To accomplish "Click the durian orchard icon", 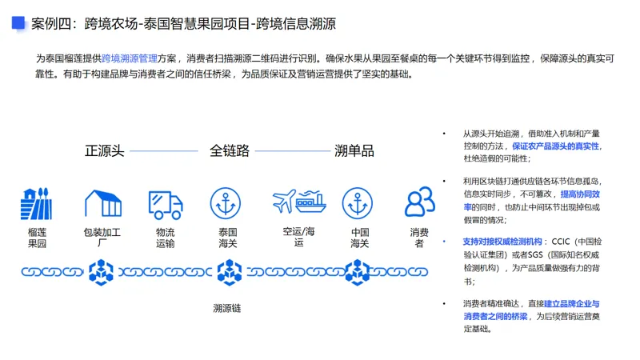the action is coord(36,204).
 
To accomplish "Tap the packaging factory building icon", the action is coord(102,204).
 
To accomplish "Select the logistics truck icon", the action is coord(165,204).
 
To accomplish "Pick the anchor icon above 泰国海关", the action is coord(227,204).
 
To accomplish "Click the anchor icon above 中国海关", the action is coord(359,204).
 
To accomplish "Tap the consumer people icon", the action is coord(419,203).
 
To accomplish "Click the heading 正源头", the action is coord(105,150).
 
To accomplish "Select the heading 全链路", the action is coord(230,150).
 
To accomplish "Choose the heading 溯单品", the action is coord(354,150).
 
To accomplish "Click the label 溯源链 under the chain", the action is coord(227,308).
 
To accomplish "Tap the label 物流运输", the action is coord(165,238).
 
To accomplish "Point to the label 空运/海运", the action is coord(298,238).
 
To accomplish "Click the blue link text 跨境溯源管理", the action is coord(130,58).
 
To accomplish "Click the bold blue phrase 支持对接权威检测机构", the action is coord(502,241).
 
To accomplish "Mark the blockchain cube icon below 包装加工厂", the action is coord(102,272).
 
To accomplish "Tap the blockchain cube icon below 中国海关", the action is coord(356,272).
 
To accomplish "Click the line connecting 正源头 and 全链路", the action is coord(163,150).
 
